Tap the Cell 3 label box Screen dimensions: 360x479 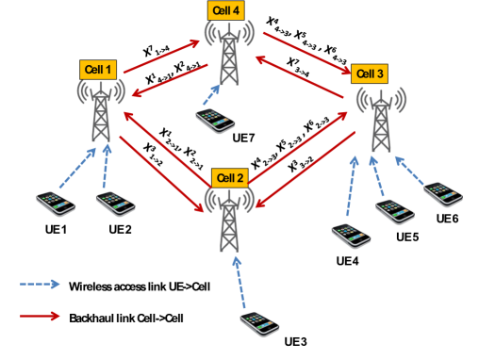point(369,73)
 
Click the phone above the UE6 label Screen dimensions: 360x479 point(441,193)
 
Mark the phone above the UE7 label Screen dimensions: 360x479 point(215,119)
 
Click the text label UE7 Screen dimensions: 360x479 point(244,138)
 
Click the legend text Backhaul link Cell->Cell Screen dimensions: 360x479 point(125,319)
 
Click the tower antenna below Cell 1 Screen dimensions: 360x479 point(99,118)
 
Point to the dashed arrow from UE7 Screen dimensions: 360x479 point(220,95)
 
